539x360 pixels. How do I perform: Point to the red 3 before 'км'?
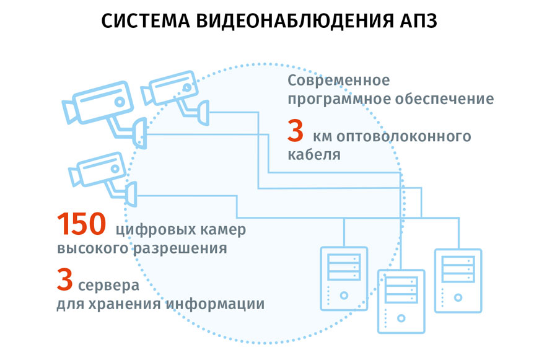(296, 133)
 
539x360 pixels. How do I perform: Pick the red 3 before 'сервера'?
(65, 281)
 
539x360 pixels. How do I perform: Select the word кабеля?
(314, 155)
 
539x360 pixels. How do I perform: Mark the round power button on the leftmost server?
(343, 296)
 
